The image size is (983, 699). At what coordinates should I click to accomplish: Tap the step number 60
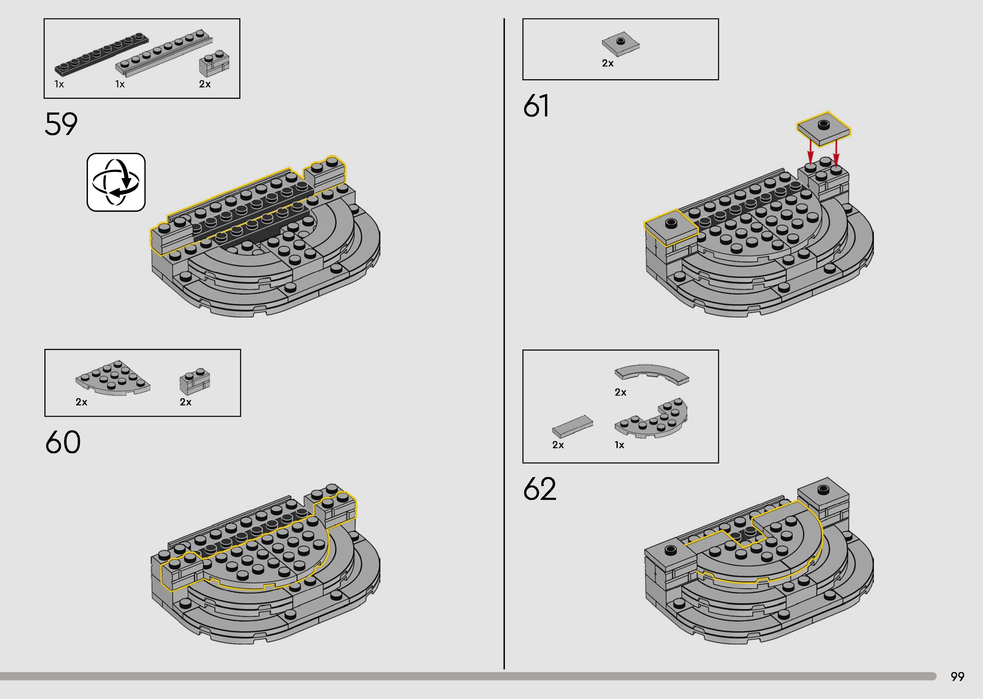pyautogui.click(x=63, y=442)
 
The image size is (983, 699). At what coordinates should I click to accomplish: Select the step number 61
pyautogui.click(x=536, y=106)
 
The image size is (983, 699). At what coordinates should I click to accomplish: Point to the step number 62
pyautogui.click(x=540, y=489)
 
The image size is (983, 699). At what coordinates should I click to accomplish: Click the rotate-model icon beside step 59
pyautogui.click(x=116, y=182)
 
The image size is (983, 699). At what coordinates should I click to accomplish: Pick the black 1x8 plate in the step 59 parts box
pyautogui.click(x=102, y=53)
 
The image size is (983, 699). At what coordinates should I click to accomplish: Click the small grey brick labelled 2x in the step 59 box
pyautogui.click(x=214, y=64)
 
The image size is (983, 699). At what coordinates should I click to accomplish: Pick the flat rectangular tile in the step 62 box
pyautogui.click(x=572, y=426)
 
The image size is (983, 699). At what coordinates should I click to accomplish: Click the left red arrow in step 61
pyautogui.click(x=810, y=153)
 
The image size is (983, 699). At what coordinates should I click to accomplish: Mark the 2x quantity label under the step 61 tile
pyautogui.click(x=608, y=63)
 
